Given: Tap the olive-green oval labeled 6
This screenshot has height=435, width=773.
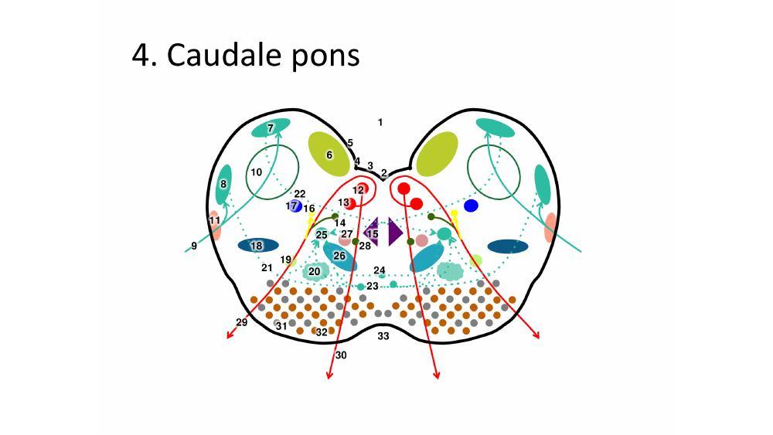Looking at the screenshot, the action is (x=329, y=154).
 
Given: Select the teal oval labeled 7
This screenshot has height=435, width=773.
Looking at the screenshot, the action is (x=271, y=128).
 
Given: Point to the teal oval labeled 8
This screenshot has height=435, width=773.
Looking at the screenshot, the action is (x=224, y=185).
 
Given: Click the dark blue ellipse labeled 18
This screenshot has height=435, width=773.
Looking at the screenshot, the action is (x=258, y=246).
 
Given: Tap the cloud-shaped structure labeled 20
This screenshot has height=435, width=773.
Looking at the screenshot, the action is (x=314, y=271).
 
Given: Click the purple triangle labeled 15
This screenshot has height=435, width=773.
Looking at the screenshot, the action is (x=371, y=232).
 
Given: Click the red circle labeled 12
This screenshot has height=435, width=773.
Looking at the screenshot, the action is (x=361, y=189).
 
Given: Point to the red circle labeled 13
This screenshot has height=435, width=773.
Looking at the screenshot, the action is (x=349, y=203).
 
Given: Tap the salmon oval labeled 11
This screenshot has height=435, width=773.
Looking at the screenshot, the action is (x=215, y=226).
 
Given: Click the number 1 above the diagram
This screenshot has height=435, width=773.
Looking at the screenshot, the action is (x=380, y=122).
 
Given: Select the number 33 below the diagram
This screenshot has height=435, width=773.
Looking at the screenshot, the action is (x=383, y=336).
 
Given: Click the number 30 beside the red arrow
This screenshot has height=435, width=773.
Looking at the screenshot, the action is (x=341, y=355).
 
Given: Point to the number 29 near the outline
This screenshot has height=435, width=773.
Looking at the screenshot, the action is (x=241, y=323).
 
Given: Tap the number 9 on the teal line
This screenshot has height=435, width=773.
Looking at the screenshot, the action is (x=194, y=246).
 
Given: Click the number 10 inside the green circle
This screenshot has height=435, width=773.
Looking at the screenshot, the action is (x=257, y=172).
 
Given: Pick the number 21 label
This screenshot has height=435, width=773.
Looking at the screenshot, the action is (x=267, y=268).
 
